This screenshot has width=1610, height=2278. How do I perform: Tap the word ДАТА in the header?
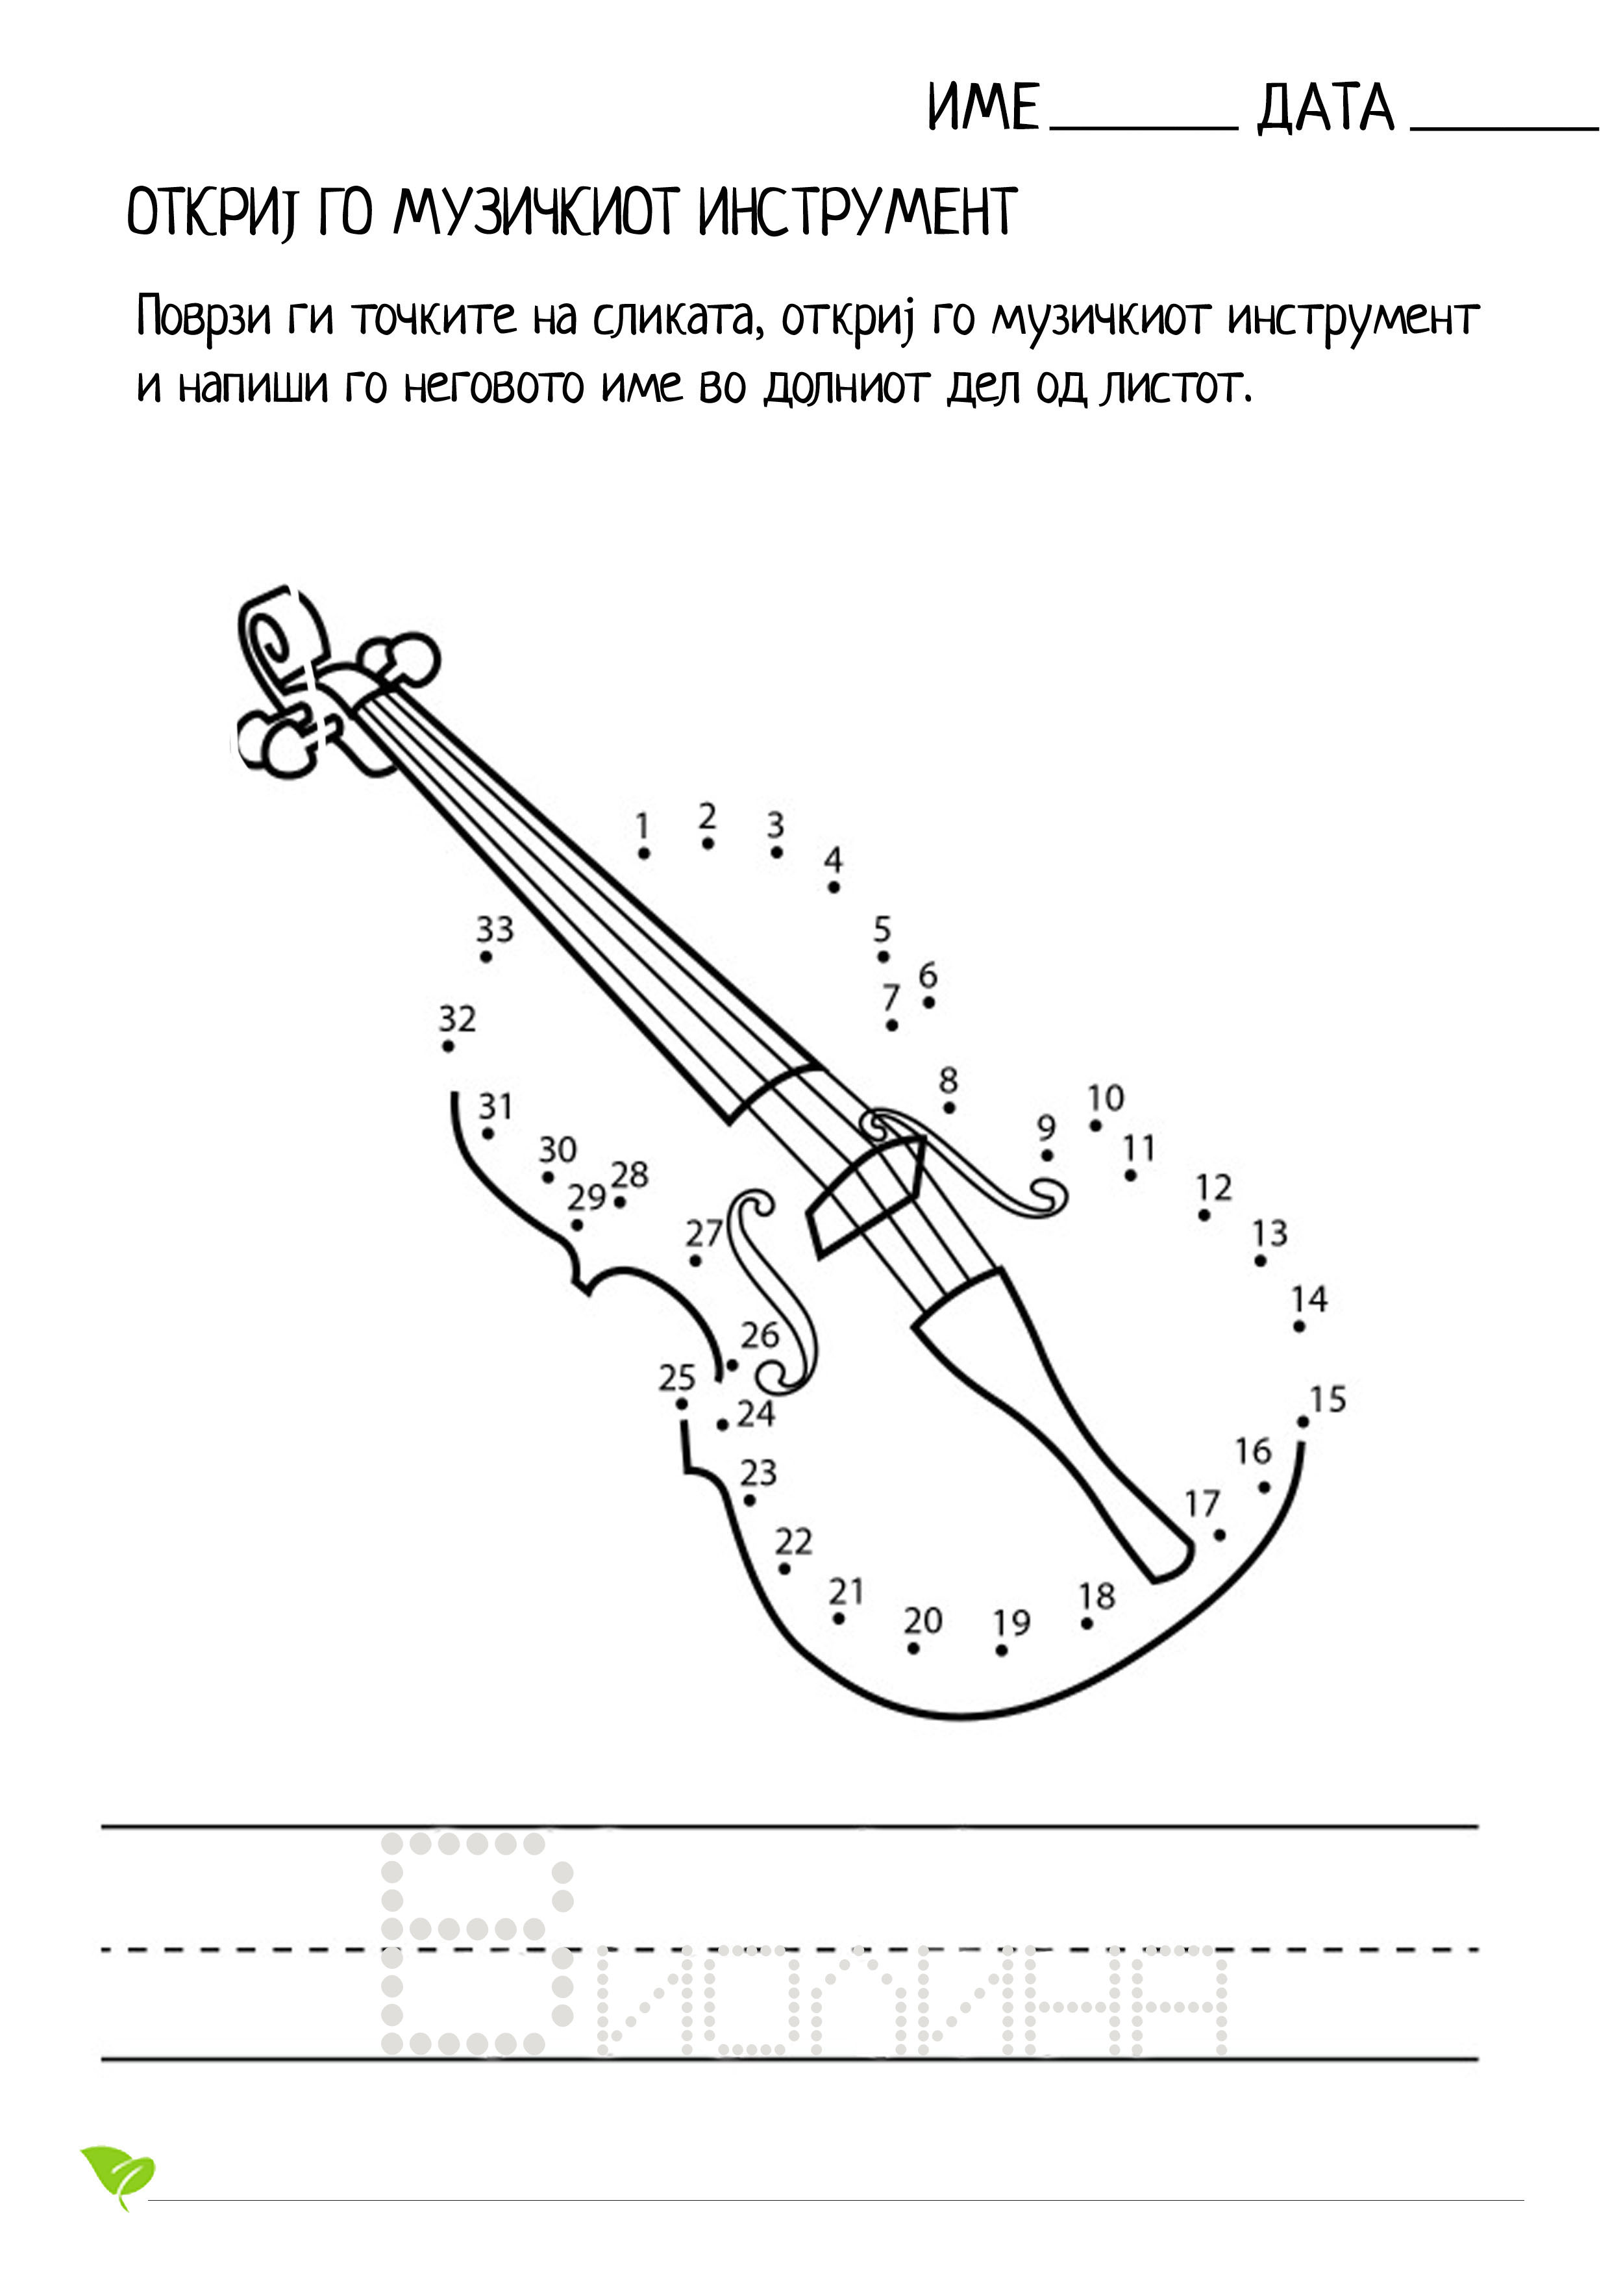click(1325, 109)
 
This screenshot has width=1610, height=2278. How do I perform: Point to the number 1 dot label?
click(643, 825)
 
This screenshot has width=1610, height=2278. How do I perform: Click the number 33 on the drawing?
click(495, 930)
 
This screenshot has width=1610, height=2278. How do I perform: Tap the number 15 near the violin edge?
click(1328, 1400)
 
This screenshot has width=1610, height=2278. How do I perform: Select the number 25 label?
click(678, 1378)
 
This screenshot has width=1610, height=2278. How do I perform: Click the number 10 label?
click(1105, 1098)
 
